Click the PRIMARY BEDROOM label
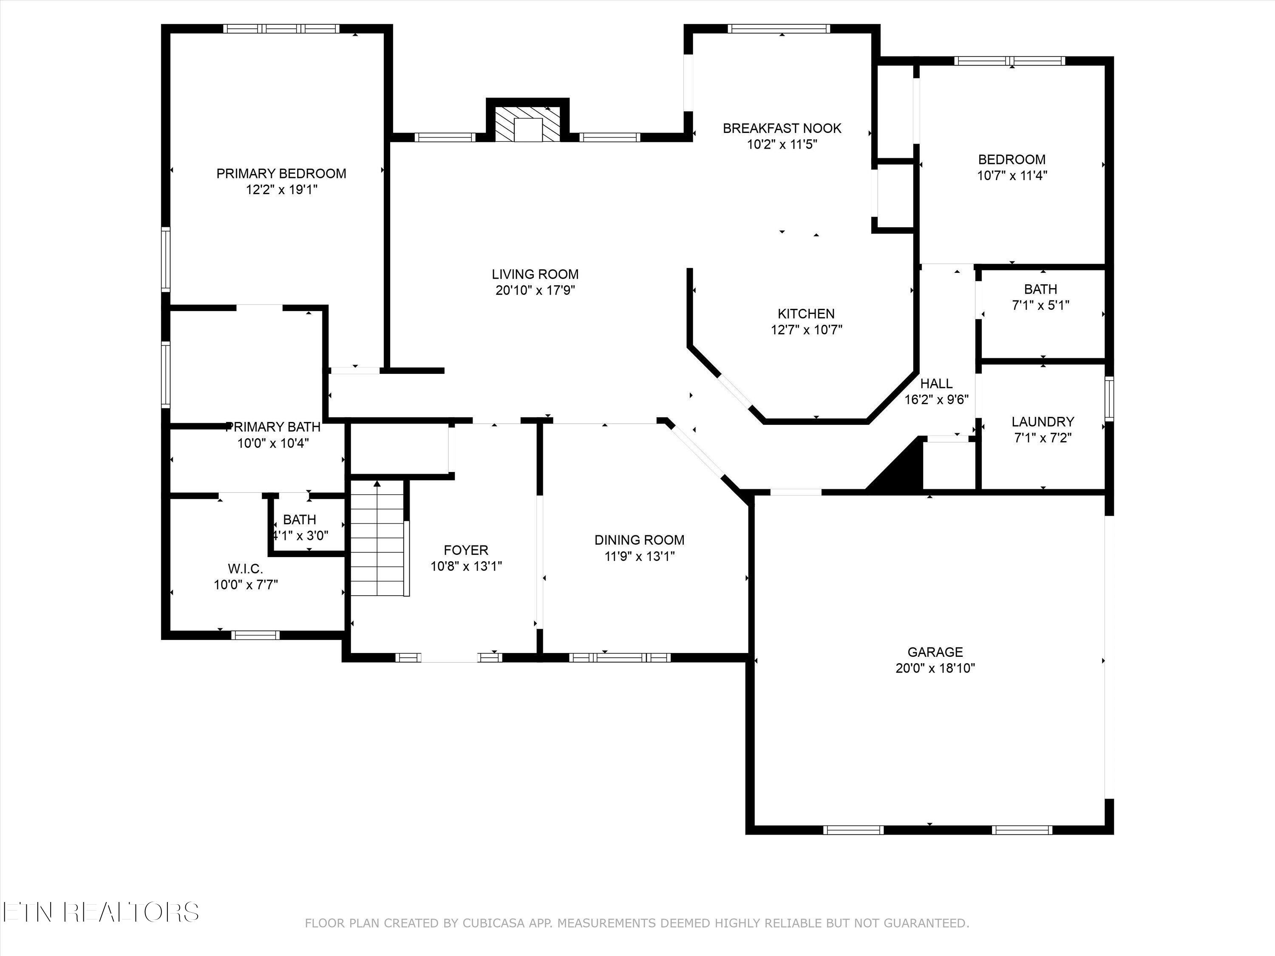click(281, 173)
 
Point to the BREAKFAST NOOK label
click(782, 128)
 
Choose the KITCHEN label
click(806, 314)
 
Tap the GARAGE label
click(935, 652)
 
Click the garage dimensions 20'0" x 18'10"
click(935, 668)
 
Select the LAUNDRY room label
click(1043, 421)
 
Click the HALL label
click(937, 383)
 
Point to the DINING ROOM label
click(640, 540)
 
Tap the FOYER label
click(466, 550)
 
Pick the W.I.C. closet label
click(246, 569)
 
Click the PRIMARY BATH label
click(273, 427)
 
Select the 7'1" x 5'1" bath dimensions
click(1041, 305)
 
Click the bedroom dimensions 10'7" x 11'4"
click(1012, 175)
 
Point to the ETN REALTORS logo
click(101, 912)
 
